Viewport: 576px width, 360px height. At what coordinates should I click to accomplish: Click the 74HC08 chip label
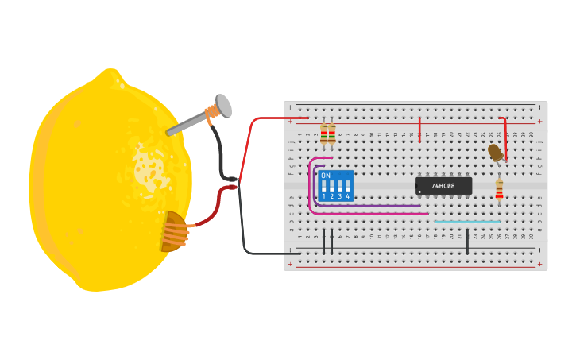(443, 186)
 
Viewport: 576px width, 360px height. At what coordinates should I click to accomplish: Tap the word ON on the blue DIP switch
(326, 176)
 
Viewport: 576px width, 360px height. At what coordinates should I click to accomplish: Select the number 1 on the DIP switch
(324, 196)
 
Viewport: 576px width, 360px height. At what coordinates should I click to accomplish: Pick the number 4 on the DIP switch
(347, 196)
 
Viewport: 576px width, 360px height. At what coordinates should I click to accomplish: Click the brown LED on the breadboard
(495, 152)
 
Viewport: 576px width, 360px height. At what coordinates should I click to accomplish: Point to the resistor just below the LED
(499, 189)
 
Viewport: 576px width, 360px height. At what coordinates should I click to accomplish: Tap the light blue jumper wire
(467, 221)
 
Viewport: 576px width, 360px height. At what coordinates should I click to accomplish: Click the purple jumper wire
(373, 206)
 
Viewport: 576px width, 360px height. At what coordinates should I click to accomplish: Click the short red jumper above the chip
(419, 129)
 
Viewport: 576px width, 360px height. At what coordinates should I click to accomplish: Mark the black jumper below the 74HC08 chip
(467, 241)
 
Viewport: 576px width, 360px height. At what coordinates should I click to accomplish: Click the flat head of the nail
(223, 106)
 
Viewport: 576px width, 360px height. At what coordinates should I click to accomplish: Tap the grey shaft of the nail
(187, 124)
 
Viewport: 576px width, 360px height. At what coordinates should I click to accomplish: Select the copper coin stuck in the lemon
(172, 231)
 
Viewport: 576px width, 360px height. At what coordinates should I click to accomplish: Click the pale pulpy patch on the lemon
(148, 168)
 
